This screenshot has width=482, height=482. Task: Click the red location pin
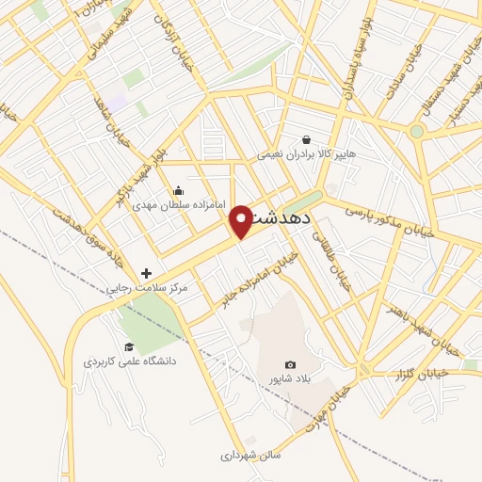point(241,220)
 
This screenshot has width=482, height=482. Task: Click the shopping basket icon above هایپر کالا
point(306,139)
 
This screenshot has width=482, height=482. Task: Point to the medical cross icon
point(146,273)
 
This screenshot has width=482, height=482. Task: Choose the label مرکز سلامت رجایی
point(147,287)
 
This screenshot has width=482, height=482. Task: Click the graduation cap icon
point(129,346)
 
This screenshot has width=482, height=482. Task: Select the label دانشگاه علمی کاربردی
point(130,361)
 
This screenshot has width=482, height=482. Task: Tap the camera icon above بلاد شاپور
point(290,365)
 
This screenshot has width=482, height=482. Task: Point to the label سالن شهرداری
point(251,455)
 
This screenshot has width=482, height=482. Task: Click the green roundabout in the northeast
point(416,131)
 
